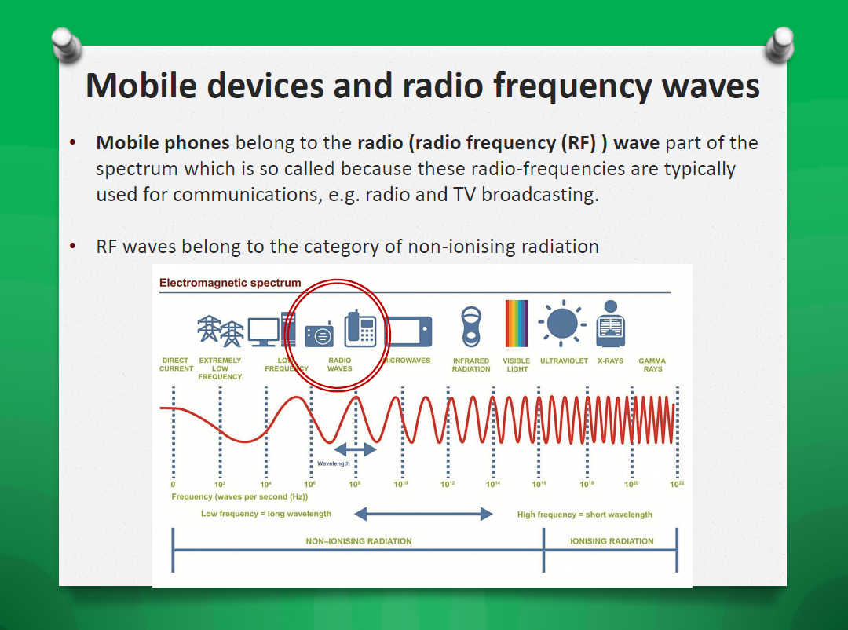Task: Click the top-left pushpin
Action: pyautogui.click(x=67, y=45)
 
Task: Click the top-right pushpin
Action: pyautogui.click(x=780, y=45)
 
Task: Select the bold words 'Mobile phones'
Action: pyautogui.click(x=163, y=143)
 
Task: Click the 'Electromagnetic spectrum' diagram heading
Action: pyautogui.click(x=230, y=283)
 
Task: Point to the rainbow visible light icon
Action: pyautogui.click(x=516, y=323)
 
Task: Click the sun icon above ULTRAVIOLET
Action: pyautogui.click(x=562, y=324)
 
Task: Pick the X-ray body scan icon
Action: pyautogui.click(x=611, y=324)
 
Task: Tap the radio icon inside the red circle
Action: pyautogui.click(x=319, y=335)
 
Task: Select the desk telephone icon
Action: pyautogui.click(x=360, y=328)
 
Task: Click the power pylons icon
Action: pyautogui.click(x=220, y=331)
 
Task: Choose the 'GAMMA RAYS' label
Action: pyautogui.click(x=652, y=364)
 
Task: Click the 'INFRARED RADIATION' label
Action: pyautogui.click(x=471, y=364)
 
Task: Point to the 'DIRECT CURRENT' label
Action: pyautogui.click(x=176, y=364)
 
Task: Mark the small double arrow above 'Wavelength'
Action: pyautogui.click(x=356, y=449)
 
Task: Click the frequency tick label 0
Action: pyautogui.click(x=173, y=485)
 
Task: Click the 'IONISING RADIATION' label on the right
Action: pyautogui.click(x=612, y=541)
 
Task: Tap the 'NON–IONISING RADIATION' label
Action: pyautogui.click(x=359, y=541)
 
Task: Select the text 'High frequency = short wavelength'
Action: pyautogui.click(x=585, y=515)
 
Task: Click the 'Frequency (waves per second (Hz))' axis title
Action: pyautogui.click(x=239, y=497)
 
